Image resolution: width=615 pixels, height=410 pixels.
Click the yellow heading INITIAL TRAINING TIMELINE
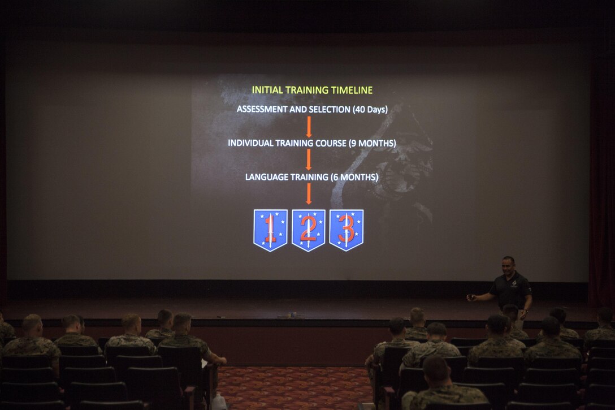(x=312, y=90)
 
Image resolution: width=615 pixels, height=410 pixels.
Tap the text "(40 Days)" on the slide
(x=370, y=110)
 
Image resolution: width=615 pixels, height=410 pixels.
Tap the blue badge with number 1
(x=270, y=229)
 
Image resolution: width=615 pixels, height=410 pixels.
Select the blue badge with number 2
(x=308, y=229)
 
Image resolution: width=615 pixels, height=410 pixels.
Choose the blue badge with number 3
(x=346, y=229)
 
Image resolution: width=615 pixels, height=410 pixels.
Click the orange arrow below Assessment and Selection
(x=309, y=127)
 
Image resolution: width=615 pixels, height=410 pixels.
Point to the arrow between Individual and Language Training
(x=309, y=160)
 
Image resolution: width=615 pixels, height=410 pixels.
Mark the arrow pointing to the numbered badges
(x=309, y=194)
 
